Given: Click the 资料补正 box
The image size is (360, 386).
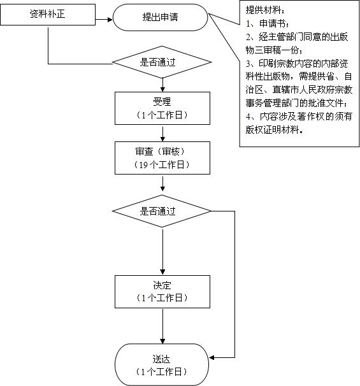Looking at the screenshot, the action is pos(48,15).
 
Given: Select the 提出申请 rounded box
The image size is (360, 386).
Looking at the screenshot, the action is pos(161,17).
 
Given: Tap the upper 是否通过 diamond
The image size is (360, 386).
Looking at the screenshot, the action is pos(162,62).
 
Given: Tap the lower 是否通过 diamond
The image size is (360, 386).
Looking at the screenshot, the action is pos(162,211).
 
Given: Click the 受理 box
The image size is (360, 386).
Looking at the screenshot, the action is pos(162,108).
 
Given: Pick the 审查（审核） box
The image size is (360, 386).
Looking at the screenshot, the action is pos(162,158).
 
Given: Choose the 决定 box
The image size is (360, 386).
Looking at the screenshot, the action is pos(162,292).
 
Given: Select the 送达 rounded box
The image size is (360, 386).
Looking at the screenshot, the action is pos(162,365).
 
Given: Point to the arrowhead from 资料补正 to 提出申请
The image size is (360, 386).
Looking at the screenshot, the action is pos(110,19).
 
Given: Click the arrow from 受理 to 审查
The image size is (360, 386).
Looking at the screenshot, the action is pos(162,134).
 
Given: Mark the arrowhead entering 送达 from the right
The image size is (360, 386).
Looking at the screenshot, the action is pos(212,357).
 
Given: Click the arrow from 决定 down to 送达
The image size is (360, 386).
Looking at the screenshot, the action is pos(162,326).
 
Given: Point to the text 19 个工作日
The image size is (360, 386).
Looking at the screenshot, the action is pos(162,165).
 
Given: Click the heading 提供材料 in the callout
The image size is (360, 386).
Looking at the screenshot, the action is pos(263,10).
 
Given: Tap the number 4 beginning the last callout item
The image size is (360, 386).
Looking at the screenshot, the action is pos(248,117).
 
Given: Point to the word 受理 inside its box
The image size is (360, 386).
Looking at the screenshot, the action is pos(162,102).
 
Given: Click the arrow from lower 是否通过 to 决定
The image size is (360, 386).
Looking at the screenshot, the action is pos(162,252).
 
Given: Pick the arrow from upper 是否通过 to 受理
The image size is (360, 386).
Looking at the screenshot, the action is pos(162,85).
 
